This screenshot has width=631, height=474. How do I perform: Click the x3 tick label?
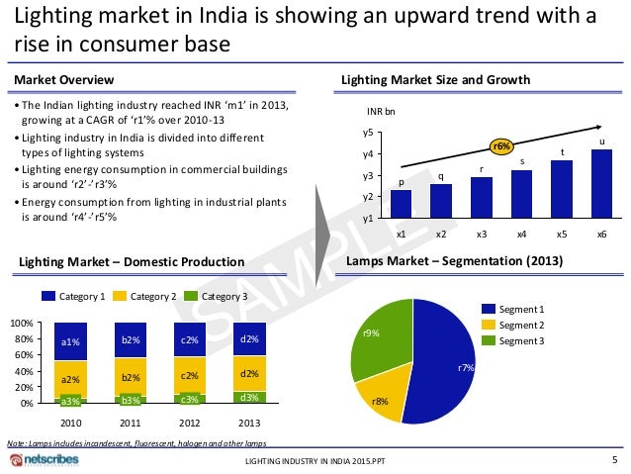coord(481,235)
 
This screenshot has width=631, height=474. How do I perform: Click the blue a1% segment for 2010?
coord(70,341)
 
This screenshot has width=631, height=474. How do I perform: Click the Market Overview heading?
coord(61,79)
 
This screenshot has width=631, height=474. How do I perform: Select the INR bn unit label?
coord(381,112)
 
